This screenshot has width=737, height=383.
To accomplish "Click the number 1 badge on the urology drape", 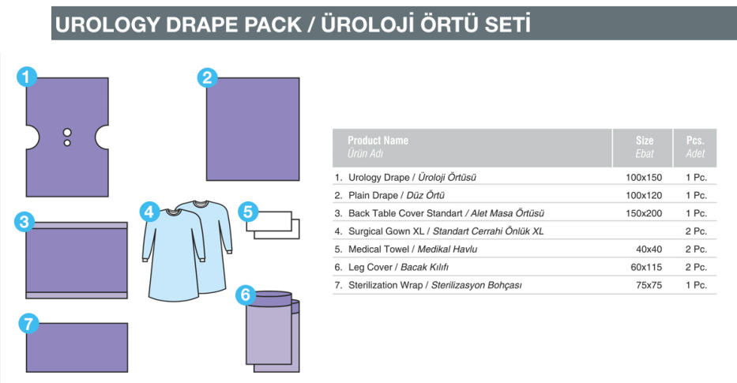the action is [27, 77].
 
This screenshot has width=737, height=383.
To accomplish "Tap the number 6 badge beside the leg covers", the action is [246, 295].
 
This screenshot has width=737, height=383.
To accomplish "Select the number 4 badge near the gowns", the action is [149, 212].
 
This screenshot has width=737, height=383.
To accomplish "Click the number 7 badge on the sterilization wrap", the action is [28, 324].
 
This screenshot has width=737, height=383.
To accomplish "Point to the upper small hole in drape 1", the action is [67, 133].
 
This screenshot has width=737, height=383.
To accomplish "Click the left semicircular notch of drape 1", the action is [33, 137].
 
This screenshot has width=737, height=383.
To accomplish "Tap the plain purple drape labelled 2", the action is [253, 130].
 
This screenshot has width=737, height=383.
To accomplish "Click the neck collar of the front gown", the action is [172, 212].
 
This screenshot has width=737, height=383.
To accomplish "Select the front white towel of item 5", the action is [269, 221].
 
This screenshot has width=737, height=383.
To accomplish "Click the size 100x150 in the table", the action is [644, 178].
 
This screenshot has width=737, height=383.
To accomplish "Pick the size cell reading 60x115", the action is [646, 268].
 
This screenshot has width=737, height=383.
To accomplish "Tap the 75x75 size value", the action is [649, 285].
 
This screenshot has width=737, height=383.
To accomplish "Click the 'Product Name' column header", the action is [378, 141].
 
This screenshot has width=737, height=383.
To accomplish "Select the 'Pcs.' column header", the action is [695, 141].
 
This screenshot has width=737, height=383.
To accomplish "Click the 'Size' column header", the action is [645, 141].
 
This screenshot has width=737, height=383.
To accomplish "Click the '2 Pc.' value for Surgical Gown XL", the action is [696, 231].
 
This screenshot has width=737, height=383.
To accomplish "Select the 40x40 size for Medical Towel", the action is [649, 250].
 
